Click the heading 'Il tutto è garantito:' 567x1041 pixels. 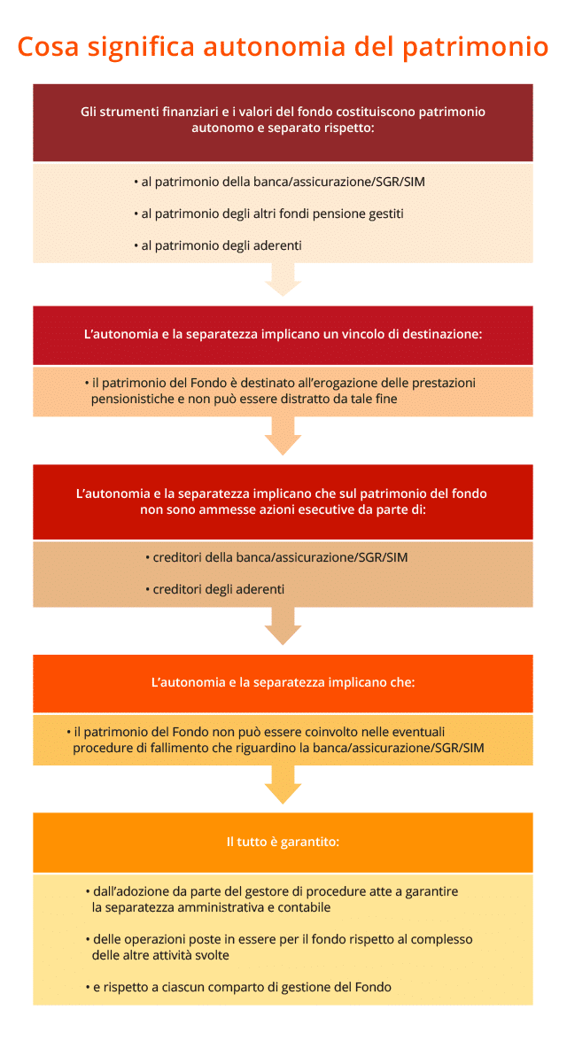tap(283, 842)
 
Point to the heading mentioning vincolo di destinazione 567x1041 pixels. tap(283, 334)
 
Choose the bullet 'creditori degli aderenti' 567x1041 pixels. tap(214, 589)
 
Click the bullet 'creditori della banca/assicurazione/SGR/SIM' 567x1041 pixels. tap(276, 557)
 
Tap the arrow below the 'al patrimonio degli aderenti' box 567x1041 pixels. tap(283, 279)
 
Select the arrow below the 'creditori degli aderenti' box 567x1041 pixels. tap(283, 626)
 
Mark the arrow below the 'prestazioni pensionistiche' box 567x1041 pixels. tap(283, 436)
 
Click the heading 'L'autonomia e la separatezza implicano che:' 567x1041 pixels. tap(283, 682)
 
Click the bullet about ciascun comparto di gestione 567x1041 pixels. tap(238, 987)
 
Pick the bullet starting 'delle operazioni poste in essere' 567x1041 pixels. tap(279, 947)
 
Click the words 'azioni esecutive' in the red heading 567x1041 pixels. tap(314, 510)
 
